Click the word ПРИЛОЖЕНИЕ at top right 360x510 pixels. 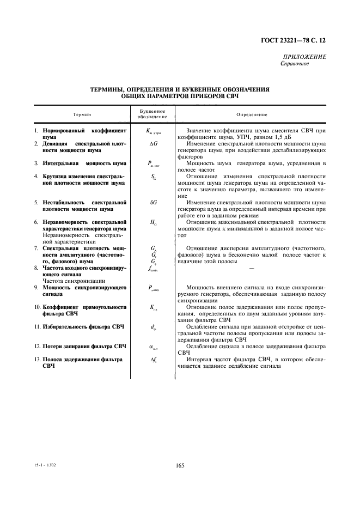(304, 57)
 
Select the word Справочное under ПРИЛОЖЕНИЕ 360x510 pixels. (295, 64)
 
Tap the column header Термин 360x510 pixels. (82, 114)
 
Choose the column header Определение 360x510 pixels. (252, 114)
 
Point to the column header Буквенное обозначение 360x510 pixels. (152, 114)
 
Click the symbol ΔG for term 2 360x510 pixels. (152, 144)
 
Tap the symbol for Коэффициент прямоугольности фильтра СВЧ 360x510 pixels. (152, 307)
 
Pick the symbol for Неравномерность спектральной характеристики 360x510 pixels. (152, 223)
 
